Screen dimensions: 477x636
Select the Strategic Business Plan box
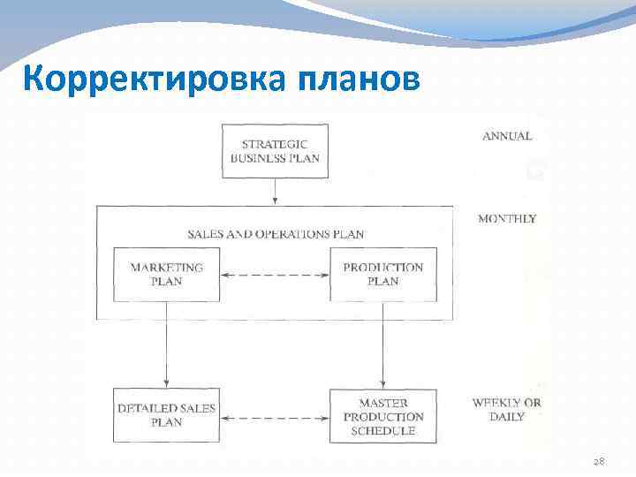275,151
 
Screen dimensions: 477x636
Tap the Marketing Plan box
166,275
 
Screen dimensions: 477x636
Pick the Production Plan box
382,275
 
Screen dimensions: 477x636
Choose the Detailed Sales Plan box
166,415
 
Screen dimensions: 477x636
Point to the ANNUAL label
507,137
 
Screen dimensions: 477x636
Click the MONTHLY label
506,218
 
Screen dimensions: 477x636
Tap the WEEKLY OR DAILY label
506,410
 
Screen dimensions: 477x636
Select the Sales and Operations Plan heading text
276,234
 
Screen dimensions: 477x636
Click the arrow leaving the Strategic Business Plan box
276,191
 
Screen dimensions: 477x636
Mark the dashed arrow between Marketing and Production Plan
274,275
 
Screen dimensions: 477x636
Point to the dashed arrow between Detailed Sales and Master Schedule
274,415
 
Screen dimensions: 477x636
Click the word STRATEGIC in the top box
275,143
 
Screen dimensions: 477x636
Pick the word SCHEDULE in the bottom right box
382,431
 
